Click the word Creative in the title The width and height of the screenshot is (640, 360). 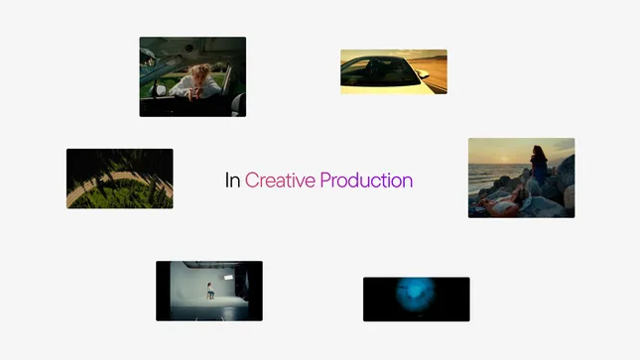click(281, 180)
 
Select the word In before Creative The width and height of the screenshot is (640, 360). click(233, 180)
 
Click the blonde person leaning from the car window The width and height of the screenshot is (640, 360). click(197, 78)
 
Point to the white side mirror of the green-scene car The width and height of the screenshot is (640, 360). click(161, 89)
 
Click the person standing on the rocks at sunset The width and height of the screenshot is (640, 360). click(540, 163)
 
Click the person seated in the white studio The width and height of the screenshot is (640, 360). click(209, 290)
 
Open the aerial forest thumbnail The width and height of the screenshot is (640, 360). click(119, 179)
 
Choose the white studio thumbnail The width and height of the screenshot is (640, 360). click(208, 291)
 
